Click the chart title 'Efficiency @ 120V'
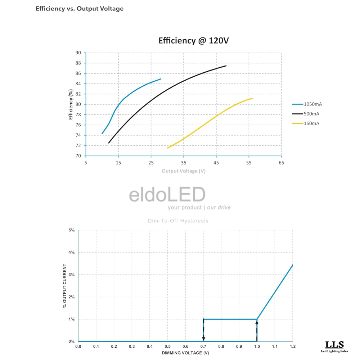[x=194, y=41]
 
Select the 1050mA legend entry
[x=307, y=104]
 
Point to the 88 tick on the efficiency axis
[x=78, y=63]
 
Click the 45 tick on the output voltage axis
[x=216, y=163]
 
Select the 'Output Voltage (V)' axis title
[x=184, y=171]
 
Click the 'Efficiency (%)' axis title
[x=71, y=104]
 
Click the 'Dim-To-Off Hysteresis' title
[x=178, y=221]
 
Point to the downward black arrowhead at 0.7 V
[x=203, y=338]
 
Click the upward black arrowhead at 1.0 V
[x=257, y=323]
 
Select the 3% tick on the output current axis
[x=72, y=275]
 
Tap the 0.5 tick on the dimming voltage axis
[x=167, y=346]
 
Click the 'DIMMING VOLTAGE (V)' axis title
[x=185, y=353]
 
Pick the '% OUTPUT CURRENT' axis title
[x=65, y=286]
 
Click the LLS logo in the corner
[x=334, y=346]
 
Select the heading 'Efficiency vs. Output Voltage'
[x=80, y=9]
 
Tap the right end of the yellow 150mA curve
[x=252, y=98]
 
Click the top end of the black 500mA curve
[x=226, y=66]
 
